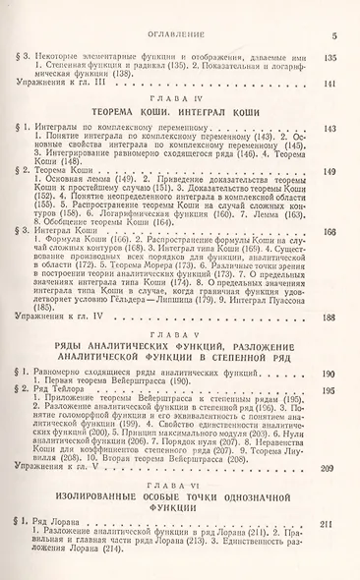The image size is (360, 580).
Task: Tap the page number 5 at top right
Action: [x=335, y=37]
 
